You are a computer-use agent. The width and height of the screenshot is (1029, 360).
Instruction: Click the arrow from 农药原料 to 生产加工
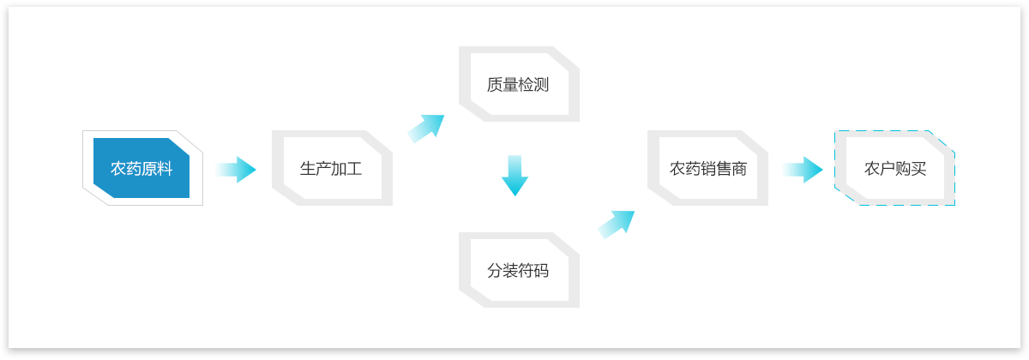pyautogui.click(x=235, y=170)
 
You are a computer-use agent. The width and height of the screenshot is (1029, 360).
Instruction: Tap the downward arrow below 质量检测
pyautogui.click(x=515, y=176)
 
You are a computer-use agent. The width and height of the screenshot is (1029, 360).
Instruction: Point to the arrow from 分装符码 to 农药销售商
pyautogui.click(x=617, y=224)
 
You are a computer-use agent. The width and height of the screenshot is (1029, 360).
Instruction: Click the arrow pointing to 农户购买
pyautogui.click(x=802, y=170)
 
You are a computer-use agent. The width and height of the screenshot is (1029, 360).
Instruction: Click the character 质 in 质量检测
pyautogui.click(x=495, y=85)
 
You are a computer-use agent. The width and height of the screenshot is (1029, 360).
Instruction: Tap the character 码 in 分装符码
pyautogui.click(x=542, y=271)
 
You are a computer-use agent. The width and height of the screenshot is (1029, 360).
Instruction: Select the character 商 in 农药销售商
pyautogui.click(x=739, y=169)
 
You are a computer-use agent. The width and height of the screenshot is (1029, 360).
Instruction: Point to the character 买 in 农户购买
pyautogui.click(x=918, y=169)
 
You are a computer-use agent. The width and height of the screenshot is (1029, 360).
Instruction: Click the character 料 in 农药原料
pyautogui.click(x=165, y=169)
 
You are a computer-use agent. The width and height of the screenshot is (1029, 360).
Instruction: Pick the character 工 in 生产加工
pyautogui.click(x=354, y=169)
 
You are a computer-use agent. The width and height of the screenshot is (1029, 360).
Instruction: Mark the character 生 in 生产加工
pyautogui.click(x=307, y=169)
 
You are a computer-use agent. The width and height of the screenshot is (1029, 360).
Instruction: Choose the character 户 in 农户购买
pyautogui.click(x=887, y=169)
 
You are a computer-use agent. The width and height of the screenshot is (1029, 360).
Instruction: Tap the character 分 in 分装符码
pyautogui.click(x=495, y=271)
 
